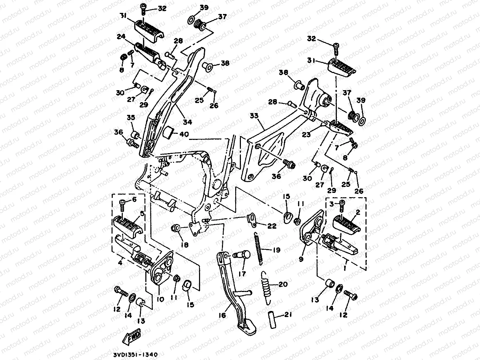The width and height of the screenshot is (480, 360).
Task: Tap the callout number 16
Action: coord(222,315)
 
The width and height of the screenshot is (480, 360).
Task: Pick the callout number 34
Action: coord(187,122)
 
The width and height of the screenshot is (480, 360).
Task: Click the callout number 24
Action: coord(121,37)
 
